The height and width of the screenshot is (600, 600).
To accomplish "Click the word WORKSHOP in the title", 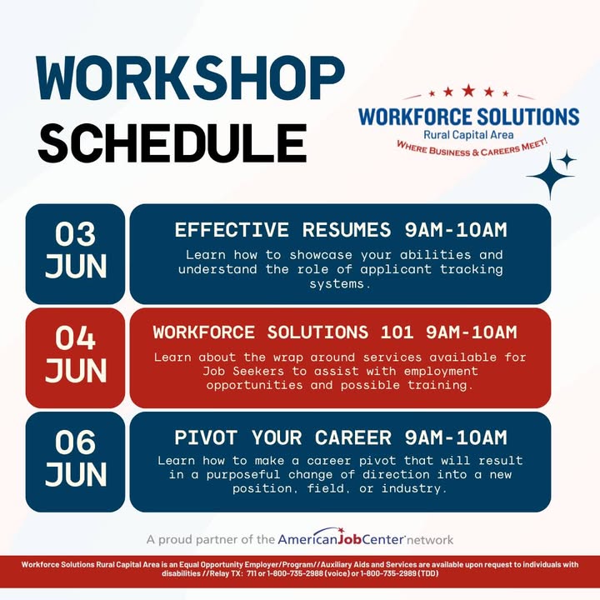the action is click(x=190, y=78).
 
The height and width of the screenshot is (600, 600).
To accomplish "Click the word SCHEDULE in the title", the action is click(x=172, y=142).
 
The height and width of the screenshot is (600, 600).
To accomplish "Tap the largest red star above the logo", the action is click(x=468, y=91).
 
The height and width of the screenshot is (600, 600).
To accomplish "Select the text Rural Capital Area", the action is click(x=468, y=135).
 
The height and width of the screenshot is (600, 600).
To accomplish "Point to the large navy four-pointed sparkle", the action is click(x=551, y=176).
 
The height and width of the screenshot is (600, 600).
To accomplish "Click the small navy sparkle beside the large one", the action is click(x=567, y=159).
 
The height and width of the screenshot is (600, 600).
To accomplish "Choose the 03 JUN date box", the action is click(x=75, y=254).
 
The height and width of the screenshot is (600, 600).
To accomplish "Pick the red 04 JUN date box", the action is click(x=75, y=358).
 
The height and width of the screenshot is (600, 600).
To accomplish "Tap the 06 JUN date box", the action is click(x=75, y=462).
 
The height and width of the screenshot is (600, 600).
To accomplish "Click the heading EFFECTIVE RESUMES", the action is click(x=282, y=230).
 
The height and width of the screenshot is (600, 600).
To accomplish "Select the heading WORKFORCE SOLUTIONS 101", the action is click(x=283, y=332).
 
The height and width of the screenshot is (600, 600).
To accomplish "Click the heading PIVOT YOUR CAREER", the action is click(x=282, y=437).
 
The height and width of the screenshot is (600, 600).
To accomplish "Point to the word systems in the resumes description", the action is click(x=340, y=284).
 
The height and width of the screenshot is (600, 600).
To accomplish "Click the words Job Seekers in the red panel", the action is click(x=243, y=371).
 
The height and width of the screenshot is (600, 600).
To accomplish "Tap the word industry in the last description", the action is click(x=414, y=488).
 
